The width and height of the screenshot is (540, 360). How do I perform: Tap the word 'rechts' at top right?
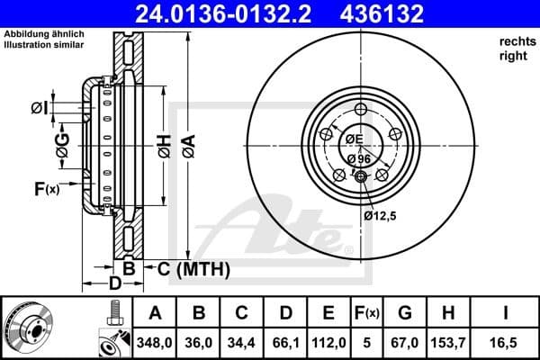point(516,42)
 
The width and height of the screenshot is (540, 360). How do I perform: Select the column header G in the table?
point(405,313)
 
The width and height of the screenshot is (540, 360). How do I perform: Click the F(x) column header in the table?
point(367,313)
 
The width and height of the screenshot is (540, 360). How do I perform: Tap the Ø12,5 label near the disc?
point(380,216)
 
